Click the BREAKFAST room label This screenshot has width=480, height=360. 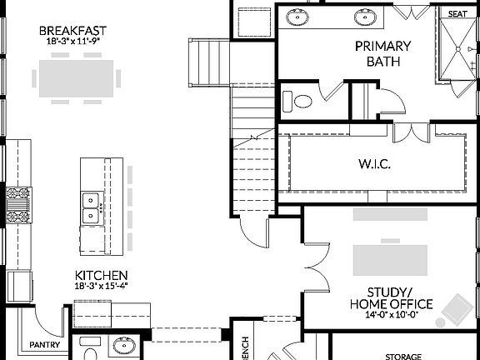(x=75, y=31)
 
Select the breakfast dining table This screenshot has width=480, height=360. (x=76, y=77)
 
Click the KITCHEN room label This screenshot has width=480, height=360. (x=101, y=275)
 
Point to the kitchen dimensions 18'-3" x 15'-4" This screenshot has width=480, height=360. (x=101, y=286)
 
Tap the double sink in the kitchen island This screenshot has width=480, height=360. (x=91, y=209)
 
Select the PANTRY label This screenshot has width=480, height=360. (x=42, y=344)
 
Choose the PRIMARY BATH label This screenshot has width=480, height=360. (x=377, y=53)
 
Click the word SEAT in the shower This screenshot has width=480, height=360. (x=457, y=14)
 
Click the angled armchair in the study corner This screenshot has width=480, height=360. (x=456, y=309)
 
